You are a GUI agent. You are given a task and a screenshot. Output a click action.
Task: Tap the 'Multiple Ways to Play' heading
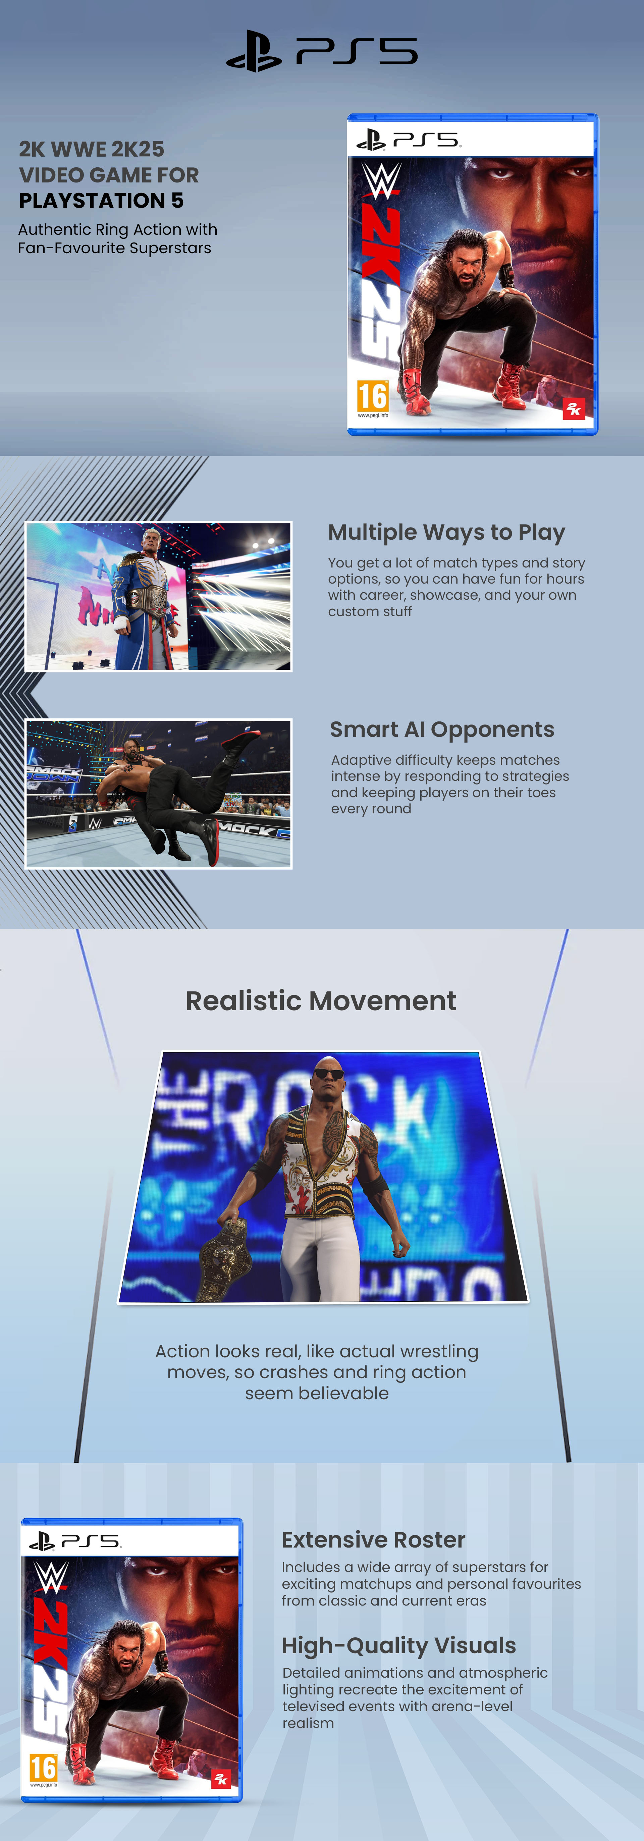(x=446, y=532)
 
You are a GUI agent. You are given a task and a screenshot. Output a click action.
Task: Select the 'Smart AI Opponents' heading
(x=442, y=730)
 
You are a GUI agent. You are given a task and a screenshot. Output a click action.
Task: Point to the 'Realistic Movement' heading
(x=321, y=1000)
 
